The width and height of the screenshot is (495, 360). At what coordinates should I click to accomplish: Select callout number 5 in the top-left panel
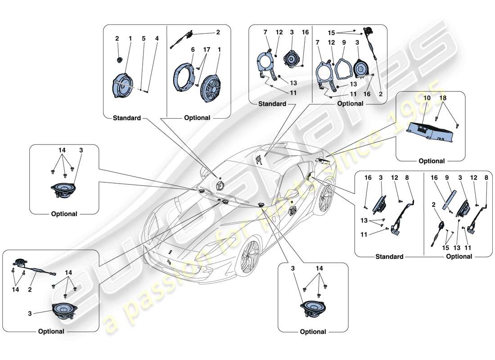point(144,39)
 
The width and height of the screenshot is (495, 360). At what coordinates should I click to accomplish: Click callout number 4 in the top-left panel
point(157,39)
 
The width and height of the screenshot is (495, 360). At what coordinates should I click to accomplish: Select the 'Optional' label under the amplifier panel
point(432,161)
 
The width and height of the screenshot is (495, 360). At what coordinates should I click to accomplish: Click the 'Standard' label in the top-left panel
point(126,118)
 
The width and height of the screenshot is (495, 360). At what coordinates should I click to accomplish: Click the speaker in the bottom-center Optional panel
point(312,309)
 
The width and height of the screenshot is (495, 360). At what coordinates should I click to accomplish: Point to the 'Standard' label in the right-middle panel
point(389,256)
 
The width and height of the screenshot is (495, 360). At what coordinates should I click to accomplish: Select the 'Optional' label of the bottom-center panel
point(312,332)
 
